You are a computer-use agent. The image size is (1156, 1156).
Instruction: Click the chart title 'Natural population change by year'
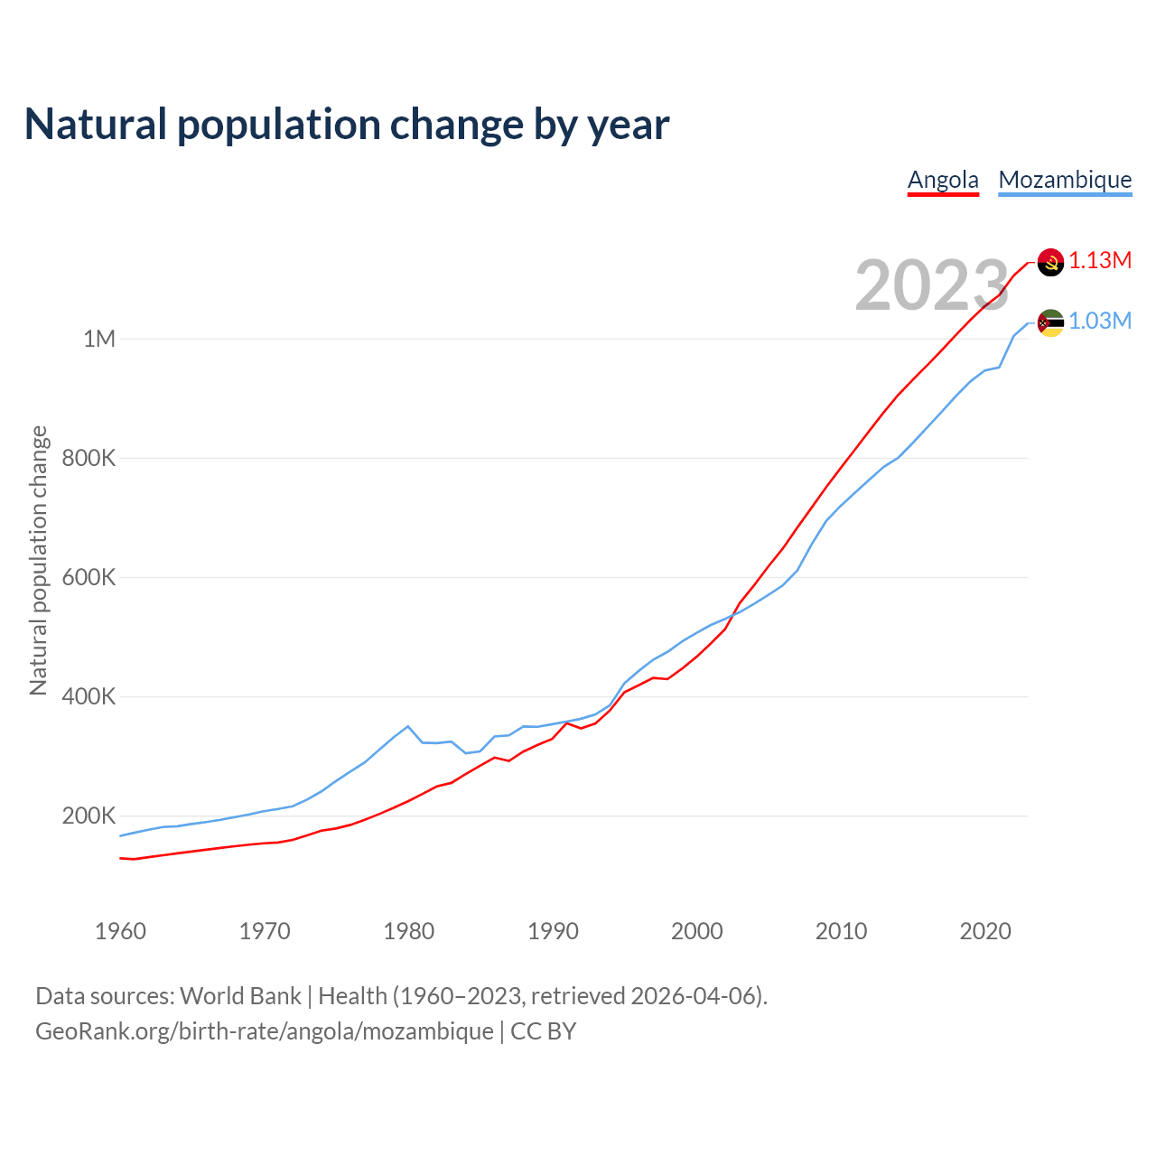[x=347, y=125]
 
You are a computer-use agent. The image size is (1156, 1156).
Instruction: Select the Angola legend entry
[x=943, y=180]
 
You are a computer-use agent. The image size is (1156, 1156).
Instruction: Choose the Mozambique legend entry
[x=1065, y=180]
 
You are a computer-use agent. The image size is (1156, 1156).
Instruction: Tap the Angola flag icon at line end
[x=1050, y=262]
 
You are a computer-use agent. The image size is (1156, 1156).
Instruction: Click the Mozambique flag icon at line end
[x=1050, y=322]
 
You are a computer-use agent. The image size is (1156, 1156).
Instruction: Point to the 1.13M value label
[x=1100, y=261]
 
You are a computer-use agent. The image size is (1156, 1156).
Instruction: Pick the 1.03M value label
[x=1100, y=322]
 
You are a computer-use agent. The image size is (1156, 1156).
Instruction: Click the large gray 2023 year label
[x=931, y=285]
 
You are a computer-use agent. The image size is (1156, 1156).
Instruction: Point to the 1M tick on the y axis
[x=99, y=339]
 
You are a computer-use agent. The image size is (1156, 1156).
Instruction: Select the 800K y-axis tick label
[x=89, y=458]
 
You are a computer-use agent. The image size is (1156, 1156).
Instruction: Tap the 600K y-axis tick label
[x=89, y=577]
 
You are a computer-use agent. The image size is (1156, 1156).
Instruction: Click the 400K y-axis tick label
[x=89, y=696]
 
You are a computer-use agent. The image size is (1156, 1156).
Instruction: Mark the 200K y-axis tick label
[x=89, y=816]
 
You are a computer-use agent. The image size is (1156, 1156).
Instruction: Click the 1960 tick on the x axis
[x=120, y=931]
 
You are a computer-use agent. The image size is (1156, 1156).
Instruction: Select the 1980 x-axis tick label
[x=409, y=931]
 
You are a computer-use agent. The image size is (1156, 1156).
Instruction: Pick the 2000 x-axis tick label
[x=697, y=931]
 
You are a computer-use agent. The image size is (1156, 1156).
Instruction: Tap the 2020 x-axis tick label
[x=985, y=931]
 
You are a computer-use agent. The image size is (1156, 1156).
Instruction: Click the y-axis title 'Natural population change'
[x=38, y=561]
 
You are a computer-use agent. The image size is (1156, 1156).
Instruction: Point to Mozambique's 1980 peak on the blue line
[x=408, y=726]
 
